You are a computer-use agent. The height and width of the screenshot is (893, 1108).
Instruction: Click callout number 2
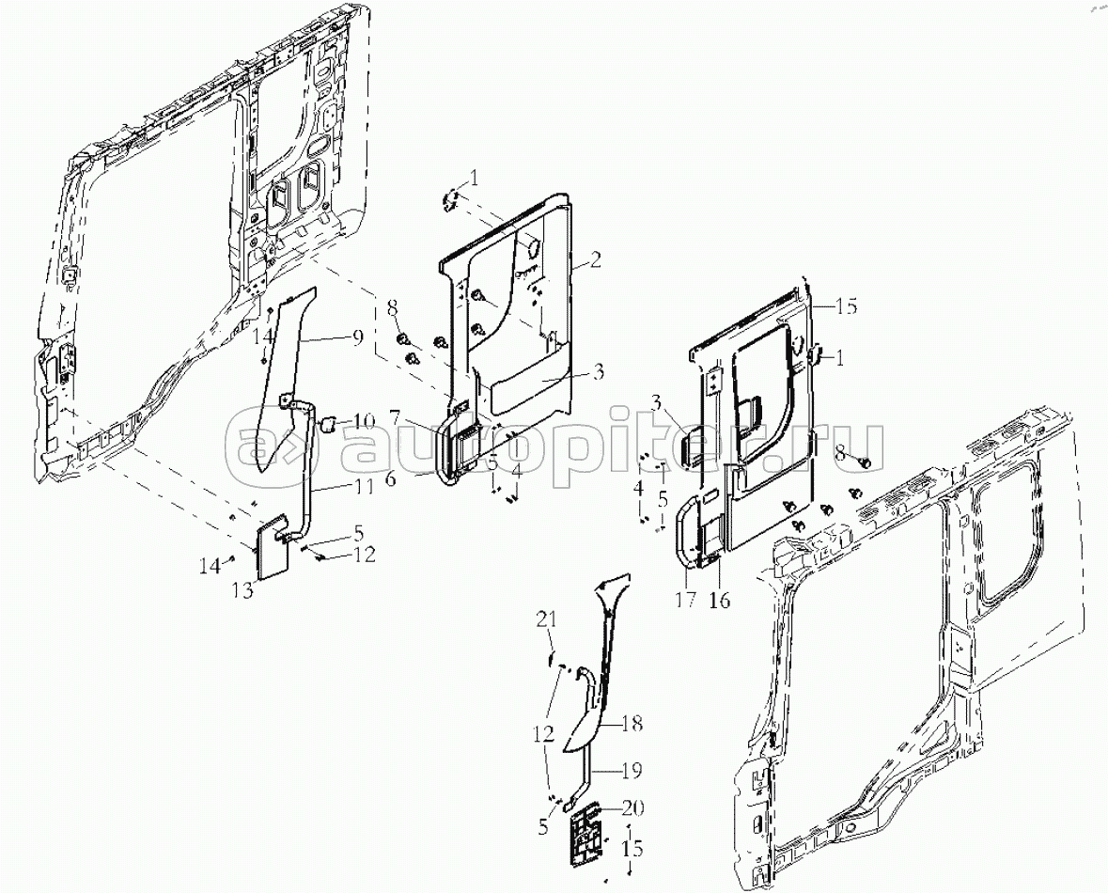click(596, 261)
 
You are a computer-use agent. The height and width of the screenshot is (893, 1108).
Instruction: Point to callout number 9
click(357, 337)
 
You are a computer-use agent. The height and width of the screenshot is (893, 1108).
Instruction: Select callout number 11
click(364, 486)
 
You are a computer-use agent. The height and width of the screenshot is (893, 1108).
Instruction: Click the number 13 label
click(242, 590)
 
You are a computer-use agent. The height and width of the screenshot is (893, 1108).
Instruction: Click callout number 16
click(719, 600)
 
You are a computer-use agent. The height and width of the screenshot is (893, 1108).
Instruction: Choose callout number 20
click(632, 807)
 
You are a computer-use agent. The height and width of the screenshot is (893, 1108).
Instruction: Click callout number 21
click(546, 620)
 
